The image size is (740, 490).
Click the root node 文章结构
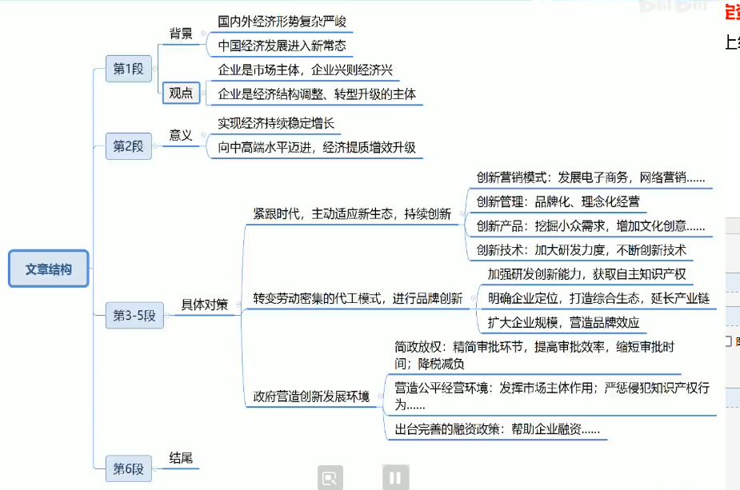click(48, 269)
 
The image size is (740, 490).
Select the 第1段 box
click(128, 69)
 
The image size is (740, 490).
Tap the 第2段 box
click(128, 146)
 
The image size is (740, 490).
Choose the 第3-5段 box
click(134, 315)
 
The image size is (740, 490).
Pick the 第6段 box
click(128, 468)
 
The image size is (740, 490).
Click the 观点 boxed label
click(181, 94)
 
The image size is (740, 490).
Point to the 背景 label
click(181, 34)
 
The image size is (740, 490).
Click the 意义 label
click(181, 135)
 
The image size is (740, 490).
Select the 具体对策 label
click(204, 305)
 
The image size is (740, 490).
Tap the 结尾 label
click(181, 458)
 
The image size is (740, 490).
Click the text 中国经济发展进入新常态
click(282, 46)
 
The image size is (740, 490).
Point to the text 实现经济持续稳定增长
click(276, 124)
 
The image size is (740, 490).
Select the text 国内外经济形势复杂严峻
click(282, 21)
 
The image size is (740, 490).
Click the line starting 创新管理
click(558, 201)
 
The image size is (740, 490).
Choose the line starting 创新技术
click(581, 250)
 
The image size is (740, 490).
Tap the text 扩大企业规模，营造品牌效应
click(563, 323)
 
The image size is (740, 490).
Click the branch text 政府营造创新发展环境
click(311, 396)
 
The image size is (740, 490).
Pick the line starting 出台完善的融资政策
click(497, 430)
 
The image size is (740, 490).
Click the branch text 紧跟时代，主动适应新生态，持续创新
click(352, 214)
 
